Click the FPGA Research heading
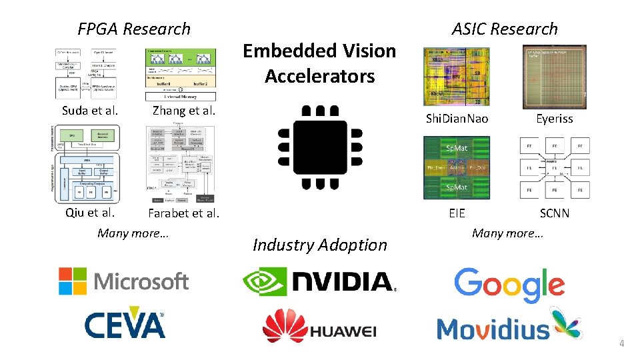tap(134, 29)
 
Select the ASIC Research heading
tap(505, 29)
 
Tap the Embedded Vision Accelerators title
tap(319, 63)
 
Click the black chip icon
tap(320, 148)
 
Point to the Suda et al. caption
tap(90, 111)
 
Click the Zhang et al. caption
tap(184, 111)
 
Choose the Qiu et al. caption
tap(90, 213)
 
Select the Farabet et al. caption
tap(183, 214)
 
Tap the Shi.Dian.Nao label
tap(457, 119)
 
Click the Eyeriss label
tap(555, 119)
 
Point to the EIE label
tap(457, 214)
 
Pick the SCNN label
tap(555, 214)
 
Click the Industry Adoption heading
tap(320, 245)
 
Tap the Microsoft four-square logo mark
tap(72, 281)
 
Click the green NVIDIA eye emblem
tap(263, 281)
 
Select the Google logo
tap(509, 284)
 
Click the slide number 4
tap(622, 344)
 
